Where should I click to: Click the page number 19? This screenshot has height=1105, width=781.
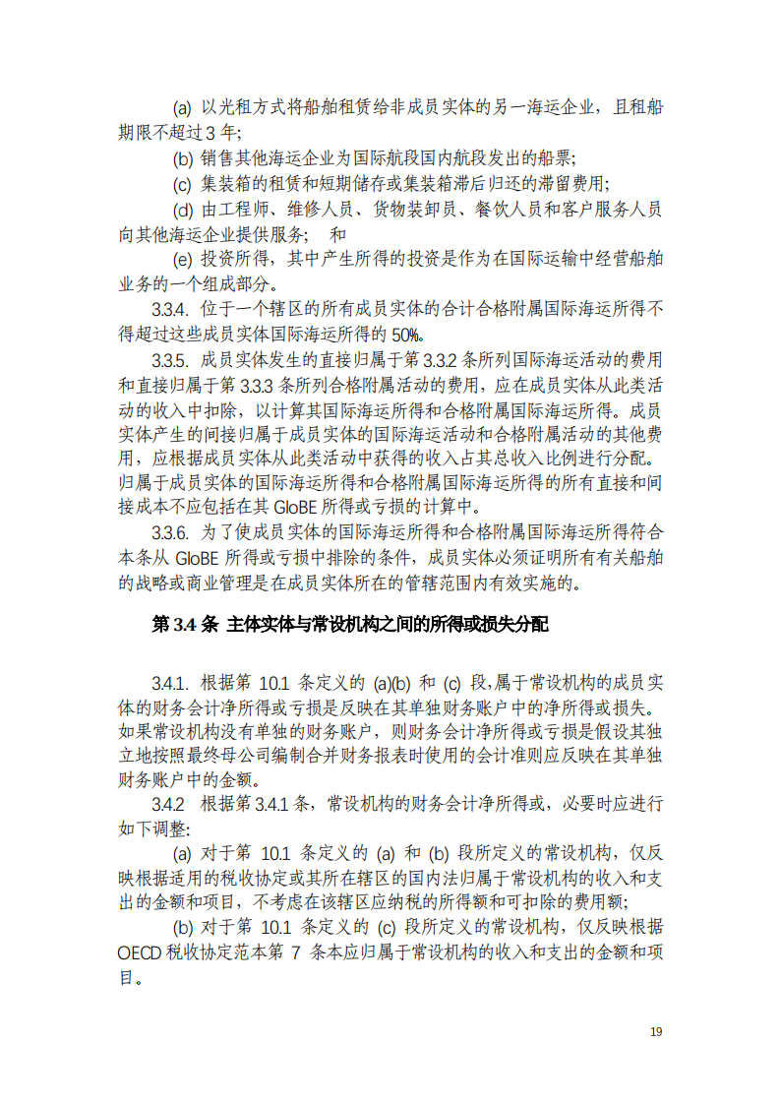pyautogui.click(x=657, y=1031)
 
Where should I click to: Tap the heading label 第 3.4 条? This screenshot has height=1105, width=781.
pyautogui.click(x=184, y=625)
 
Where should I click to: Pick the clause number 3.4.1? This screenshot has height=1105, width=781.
pyautogui.click(x=169, y=684)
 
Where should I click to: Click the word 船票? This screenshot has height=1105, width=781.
pyautogui.click(x=554, y=157)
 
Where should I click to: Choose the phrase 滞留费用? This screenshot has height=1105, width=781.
pyautogui.click(x=571, y=183)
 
